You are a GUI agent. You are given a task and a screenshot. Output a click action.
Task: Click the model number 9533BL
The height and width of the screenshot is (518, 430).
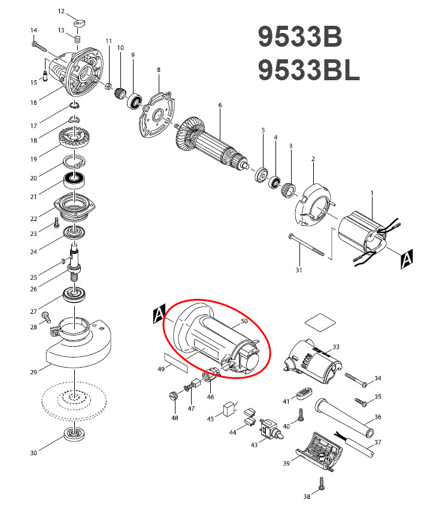click(308, 71)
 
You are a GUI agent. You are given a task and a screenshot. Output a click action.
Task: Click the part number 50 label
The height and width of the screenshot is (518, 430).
click(244, 322)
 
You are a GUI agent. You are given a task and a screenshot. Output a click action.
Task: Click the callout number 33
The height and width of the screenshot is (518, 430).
click(336, 347)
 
